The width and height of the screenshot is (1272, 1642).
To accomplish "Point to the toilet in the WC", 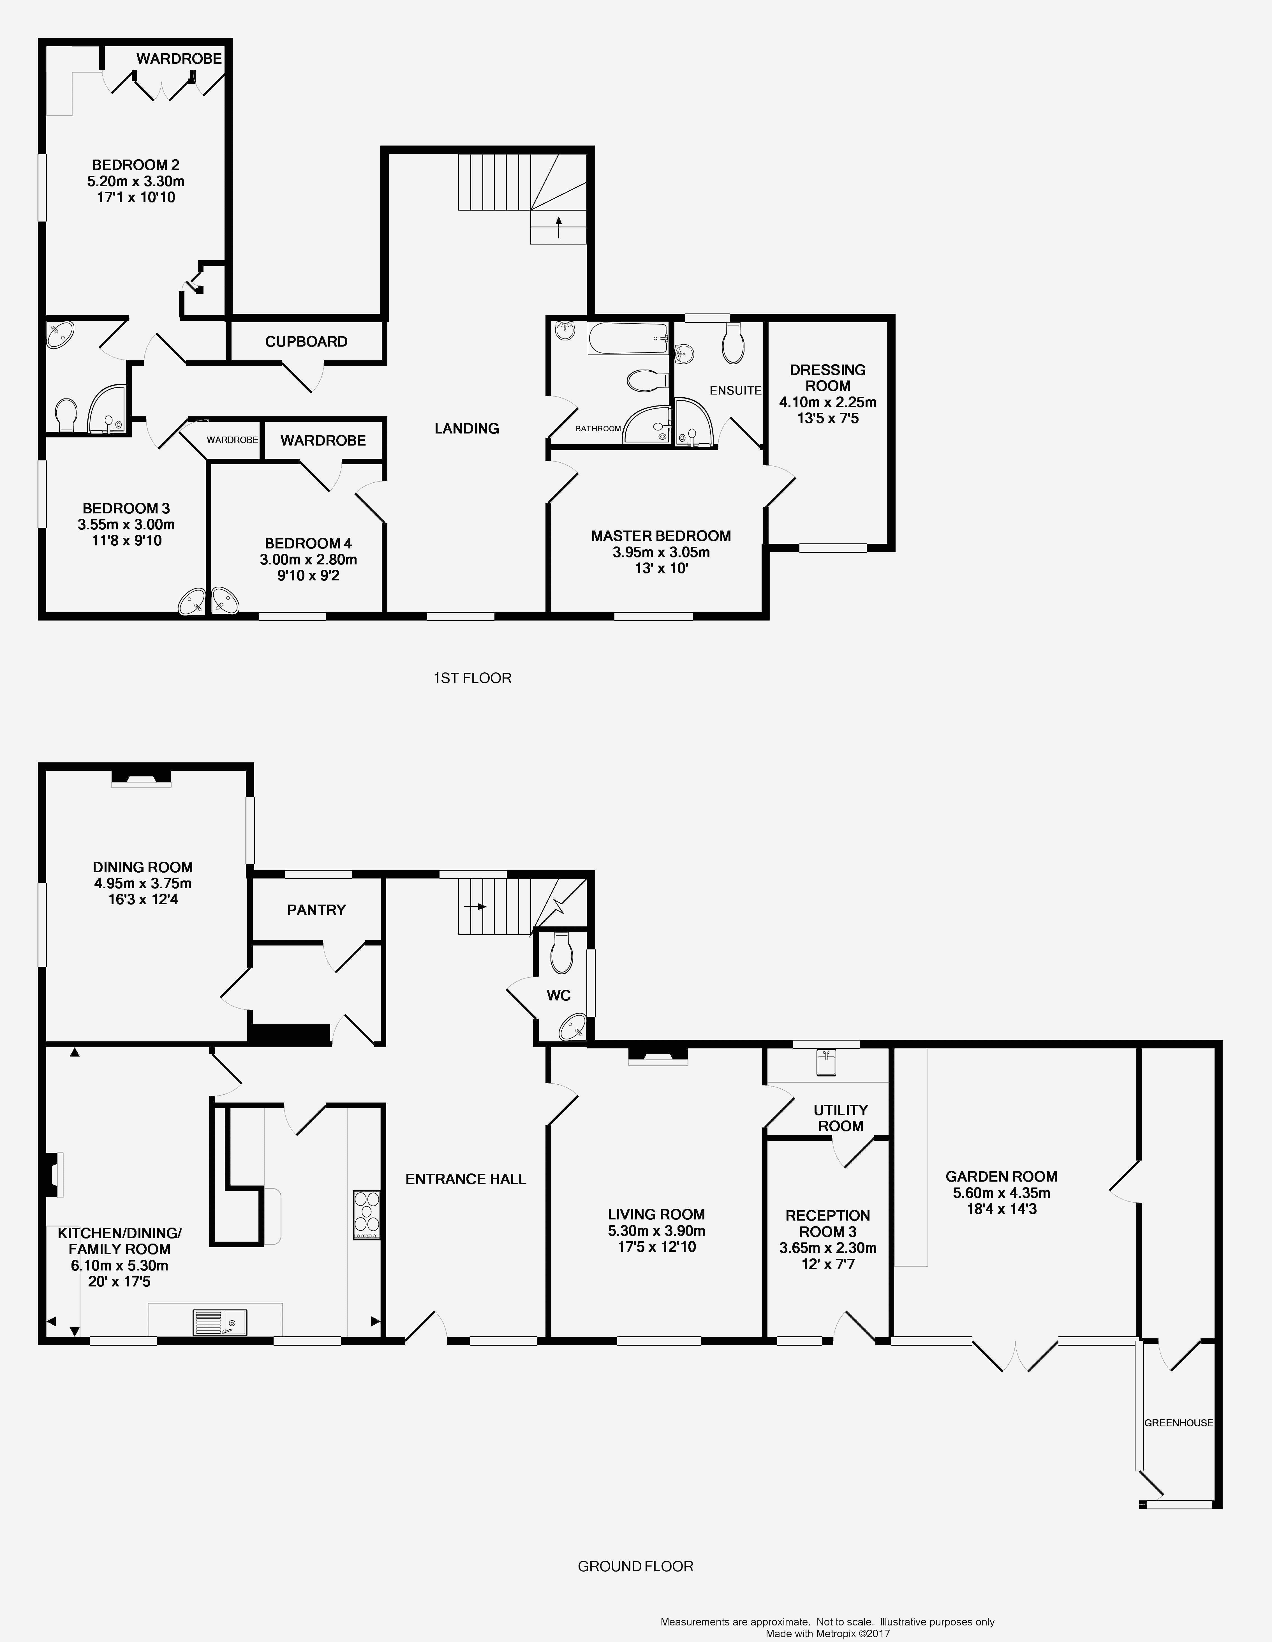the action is coord(561,953).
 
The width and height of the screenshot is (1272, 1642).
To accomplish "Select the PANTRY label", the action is coord(316,910).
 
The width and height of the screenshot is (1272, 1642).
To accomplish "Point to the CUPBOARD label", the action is coord(306,341).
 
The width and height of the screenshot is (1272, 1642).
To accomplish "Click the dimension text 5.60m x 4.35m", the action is coord(1001,1193).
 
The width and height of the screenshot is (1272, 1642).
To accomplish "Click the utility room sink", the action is coord(826,1062).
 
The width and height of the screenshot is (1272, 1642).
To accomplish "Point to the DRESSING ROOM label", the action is coord(828,377).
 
